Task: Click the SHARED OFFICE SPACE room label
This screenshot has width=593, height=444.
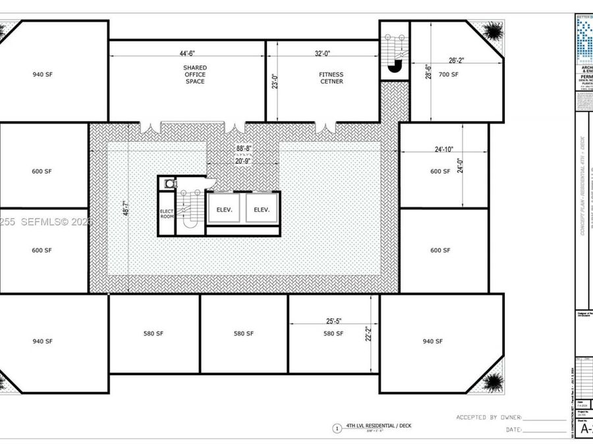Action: point(194,74)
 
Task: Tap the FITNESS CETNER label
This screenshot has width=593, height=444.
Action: point(331,78)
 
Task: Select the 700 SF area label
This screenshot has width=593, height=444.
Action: point(449,74)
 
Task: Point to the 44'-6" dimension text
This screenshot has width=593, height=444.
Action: point(187,54)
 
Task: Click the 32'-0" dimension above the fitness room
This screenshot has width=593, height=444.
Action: point(324,54)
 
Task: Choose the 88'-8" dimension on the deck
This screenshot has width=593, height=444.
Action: point(244,148)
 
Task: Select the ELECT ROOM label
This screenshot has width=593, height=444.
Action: point(166,214)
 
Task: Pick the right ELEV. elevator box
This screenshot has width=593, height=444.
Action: point(262,210)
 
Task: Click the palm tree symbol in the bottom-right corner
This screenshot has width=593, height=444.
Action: point(490,382)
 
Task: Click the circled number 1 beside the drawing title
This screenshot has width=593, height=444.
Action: point(337,428)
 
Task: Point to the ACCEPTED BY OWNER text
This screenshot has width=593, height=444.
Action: point(488,417)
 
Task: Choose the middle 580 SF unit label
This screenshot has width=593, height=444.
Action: point(244,333)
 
